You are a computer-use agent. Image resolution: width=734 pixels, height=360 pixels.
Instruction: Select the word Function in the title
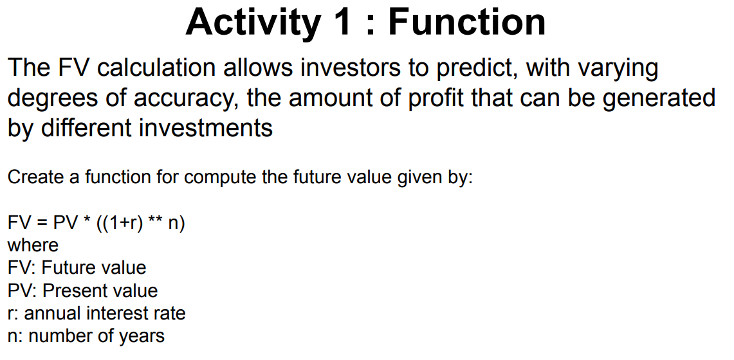click(x=466, y=22)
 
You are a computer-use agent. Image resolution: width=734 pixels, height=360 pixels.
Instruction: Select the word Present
click(x=73, y=291)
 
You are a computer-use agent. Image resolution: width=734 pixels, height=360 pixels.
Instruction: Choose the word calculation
click(x=157, y=68)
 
